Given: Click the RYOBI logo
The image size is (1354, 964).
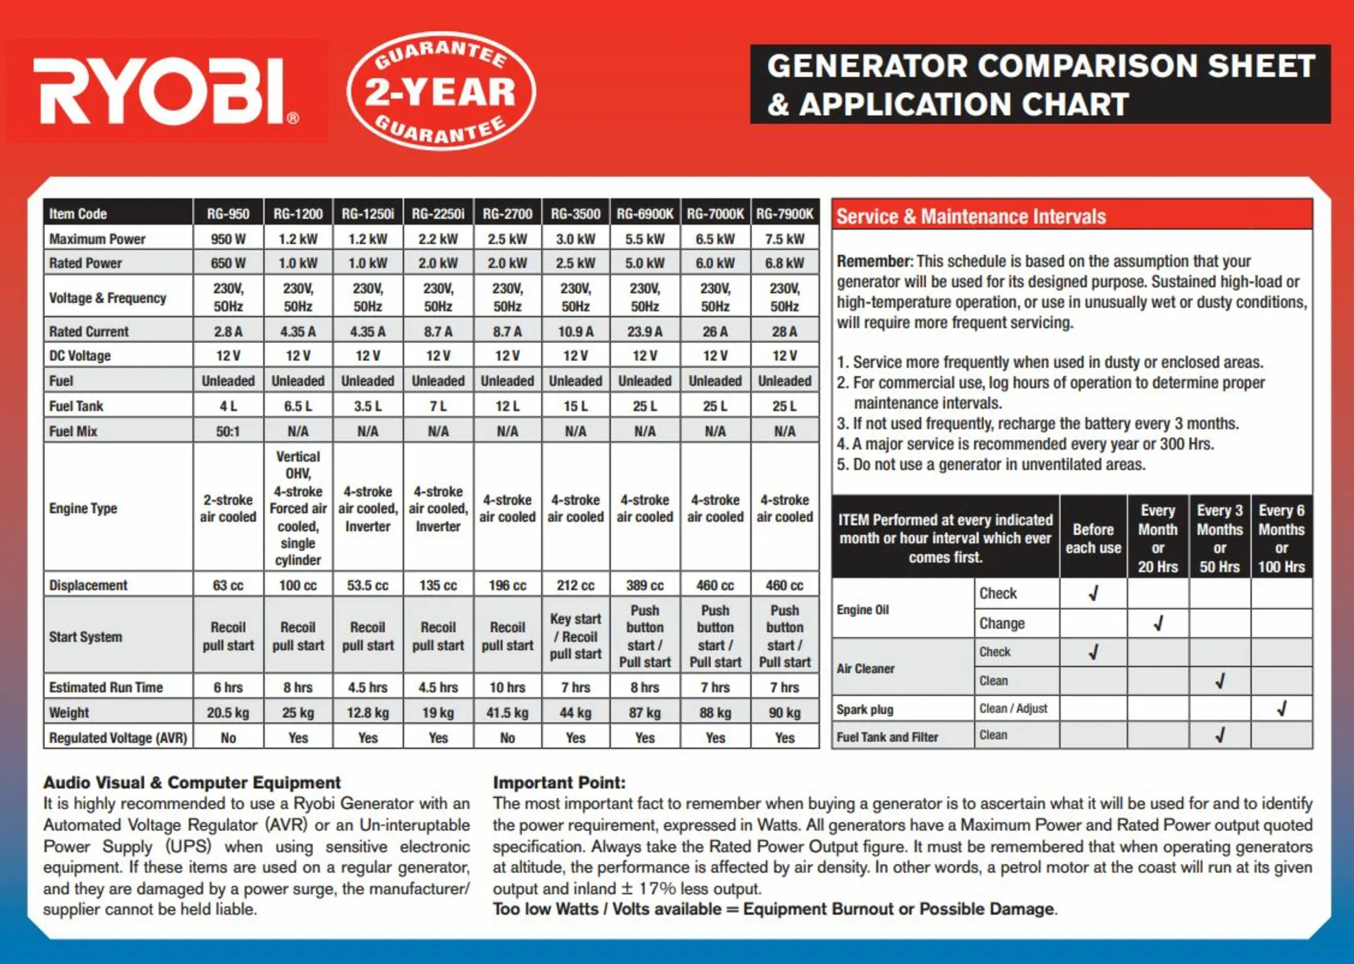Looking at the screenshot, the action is coord(166,92).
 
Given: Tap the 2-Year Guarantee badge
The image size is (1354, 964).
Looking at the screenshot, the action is coord(441,91).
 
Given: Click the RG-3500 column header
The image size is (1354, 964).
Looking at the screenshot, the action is coord(575,214).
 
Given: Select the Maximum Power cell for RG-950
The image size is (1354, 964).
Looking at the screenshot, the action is coord(228,239).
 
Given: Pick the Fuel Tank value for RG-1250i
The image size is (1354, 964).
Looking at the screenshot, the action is coord(367,406).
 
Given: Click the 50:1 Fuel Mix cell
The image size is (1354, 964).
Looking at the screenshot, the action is coord(228,431).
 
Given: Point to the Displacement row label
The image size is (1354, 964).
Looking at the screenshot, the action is coord(88,585).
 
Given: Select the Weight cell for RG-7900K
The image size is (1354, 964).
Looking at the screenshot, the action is coord(784,712).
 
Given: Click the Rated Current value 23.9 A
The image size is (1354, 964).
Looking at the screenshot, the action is coord(645,331).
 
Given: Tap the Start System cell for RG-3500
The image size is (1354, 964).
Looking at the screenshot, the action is coord(575,636).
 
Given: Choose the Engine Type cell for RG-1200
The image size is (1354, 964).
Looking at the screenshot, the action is coord(298,507).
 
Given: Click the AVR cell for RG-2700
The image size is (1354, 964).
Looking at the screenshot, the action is coord(507,738).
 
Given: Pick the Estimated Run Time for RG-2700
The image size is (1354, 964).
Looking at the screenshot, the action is coord(507,687).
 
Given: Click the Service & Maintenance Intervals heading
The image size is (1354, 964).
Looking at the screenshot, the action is coord(971,216).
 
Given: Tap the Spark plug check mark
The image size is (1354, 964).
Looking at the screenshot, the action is coord(1282,708).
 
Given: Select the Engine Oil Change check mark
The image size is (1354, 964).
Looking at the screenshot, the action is coord(1158,624).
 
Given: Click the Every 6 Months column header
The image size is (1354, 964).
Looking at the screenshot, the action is coord(1281,538).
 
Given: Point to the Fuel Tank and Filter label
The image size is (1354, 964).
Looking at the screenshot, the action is coord(887,737).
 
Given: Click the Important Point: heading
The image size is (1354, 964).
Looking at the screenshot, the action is coord(559,782).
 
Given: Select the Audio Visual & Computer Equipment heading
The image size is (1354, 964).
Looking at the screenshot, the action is coord(192,782).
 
